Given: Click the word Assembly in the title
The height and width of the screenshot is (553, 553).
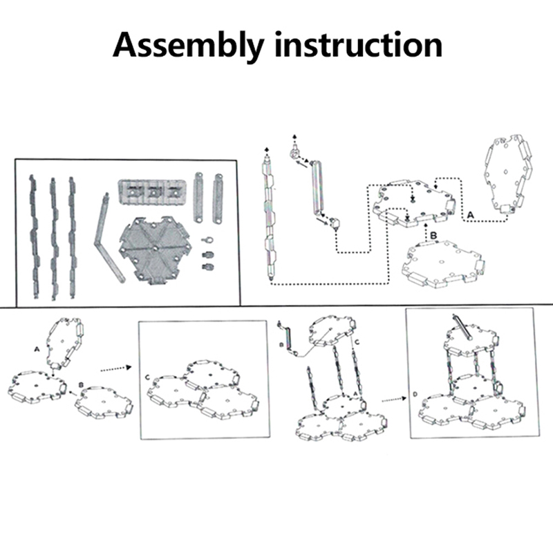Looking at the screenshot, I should coord(187,45).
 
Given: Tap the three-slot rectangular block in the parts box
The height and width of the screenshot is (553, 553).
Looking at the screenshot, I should coord(153,191).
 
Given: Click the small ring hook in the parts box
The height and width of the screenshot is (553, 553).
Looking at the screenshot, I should coord(207,238).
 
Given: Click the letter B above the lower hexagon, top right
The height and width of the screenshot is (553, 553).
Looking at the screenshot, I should coord(433,235).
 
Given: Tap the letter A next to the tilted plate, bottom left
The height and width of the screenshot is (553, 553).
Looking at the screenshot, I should coord(36,349).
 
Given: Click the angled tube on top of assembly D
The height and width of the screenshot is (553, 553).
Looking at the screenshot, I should coord(462,326).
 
